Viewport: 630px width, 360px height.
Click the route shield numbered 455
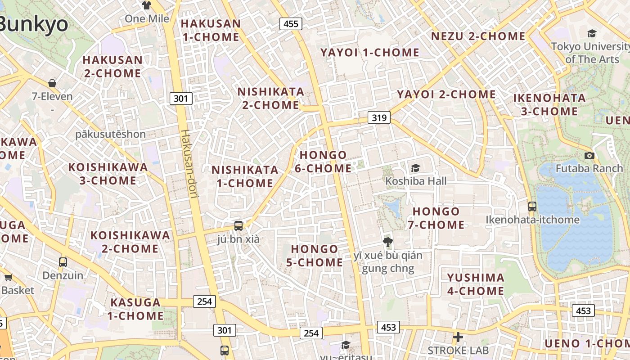pyautogui.click(x=291, y=24)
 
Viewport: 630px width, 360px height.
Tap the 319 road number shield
pyautogui.click(x=379, y=118)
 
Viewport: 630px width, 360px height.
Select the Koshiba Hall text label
pyautogui.click(x=416, y=181)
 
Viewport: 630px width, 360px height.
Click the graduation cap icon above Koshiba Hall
pyautogui.click(x=415, y=168)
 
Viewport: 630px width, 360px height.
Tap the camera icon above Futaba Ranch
pyautogui.click(x=589, y=156)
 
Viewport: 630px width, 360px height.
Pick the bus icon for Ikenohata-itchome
pyautogui.click(x=532, y=207)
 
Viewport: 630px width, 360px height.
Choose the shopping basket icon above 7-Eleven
pyautogui.click(x=52, y=83)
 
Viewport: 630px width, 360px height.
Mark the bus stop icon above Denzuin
pyautogui.click(x=63, y=262)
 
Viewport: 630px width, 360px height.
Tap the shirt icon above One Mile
pyautogui.click(x=147, y=5)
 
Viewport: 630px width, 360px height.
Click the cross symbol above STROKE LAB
pyautogui.click(x=458, y=337)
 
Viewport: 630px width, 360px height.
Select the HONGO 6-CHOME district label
pyautogui.click(x=323, y=162)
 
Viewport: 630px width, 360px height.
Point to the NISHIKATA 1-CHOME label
pyautogui.click(x=245, y=176)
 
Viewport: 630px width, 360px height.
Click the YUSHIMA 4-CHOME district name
pyautogui.click(x=476, y=284)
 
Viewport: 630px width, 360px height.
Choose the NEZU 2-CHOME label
pyautogui.click(x=478, y=36)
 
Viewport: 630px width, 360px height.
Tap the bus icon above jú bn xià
pyautogui.click(x=238, y=225)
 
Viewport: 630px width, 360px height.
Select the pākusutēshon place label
pyautogui.click(x=110, y=134)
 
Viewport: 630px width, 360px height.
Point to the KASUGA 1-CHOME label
pyautogui.click(x=135, y=309)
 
